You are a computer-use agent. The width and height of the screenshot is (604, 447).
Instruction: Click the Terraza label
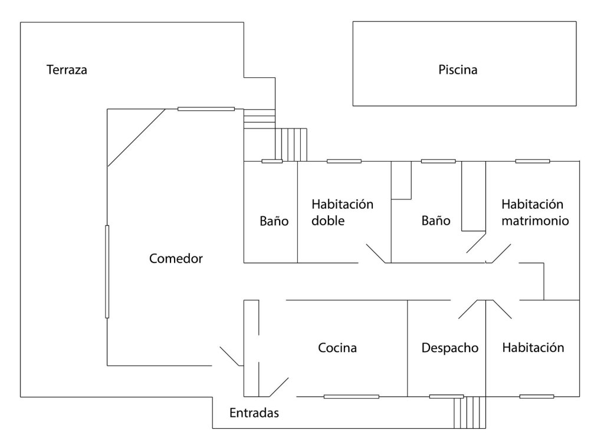tap(67, 70)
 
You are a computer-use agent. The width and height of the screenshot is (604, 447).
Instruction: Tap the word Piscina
tap(458, 70)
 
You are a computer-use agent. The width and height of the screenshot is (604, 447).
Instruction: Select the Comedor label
tap(176, 258)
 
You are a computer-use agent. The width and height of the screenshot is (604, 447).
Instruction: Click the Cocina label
tap(337, 348)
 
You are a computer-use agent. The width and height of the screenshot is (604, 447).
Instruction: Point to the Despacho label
tap(449, 348)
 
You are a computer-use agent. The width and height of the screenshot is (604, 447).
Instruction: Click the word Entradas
tap(254, 413)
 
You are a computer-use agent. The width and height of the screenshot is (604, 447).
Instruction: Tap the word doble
tap(328, 221)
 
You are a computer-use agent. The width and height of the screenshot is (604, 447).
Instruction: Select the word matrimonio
tap(535, 221)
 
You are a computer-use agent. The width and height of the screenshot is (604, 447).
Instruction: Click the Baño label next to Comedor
tap(274, 221)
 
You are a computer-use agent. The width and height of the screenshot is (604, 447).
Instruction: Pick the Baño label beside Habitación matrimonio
tap(436, 221)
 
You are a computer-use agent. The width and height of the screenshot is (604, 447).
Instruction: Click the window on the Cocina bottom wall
tap(352, 396)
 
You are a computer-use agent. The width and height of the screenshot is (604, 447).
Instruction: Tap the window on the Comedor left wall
tap(107, 272)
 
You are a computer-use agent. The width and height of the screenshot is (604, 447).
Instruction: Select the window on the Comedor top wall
tap(206, 109)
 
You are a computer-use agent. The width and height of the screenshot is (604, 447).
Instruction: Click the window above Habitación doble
tap(344, 162)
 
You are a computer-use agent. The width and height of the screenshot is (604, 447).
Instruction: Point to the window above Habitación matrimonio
tap(533, 162)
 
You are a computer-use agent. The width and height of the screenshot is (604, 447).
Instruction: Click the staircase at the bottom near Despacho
tap(470, 412)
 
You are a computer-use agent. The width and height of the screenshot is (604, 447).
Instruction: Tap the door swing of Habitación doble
tap(376, 254)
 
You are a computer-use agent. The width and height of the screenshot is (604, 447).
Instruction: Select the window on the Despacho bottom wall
tap(447, 396)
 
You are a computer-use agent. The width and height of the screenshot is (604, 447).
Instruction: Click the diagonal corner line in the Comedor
tap(136, 138)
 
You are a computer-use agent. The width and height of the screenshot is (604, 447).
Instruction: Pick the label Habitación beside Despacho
tap(533, 348)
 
